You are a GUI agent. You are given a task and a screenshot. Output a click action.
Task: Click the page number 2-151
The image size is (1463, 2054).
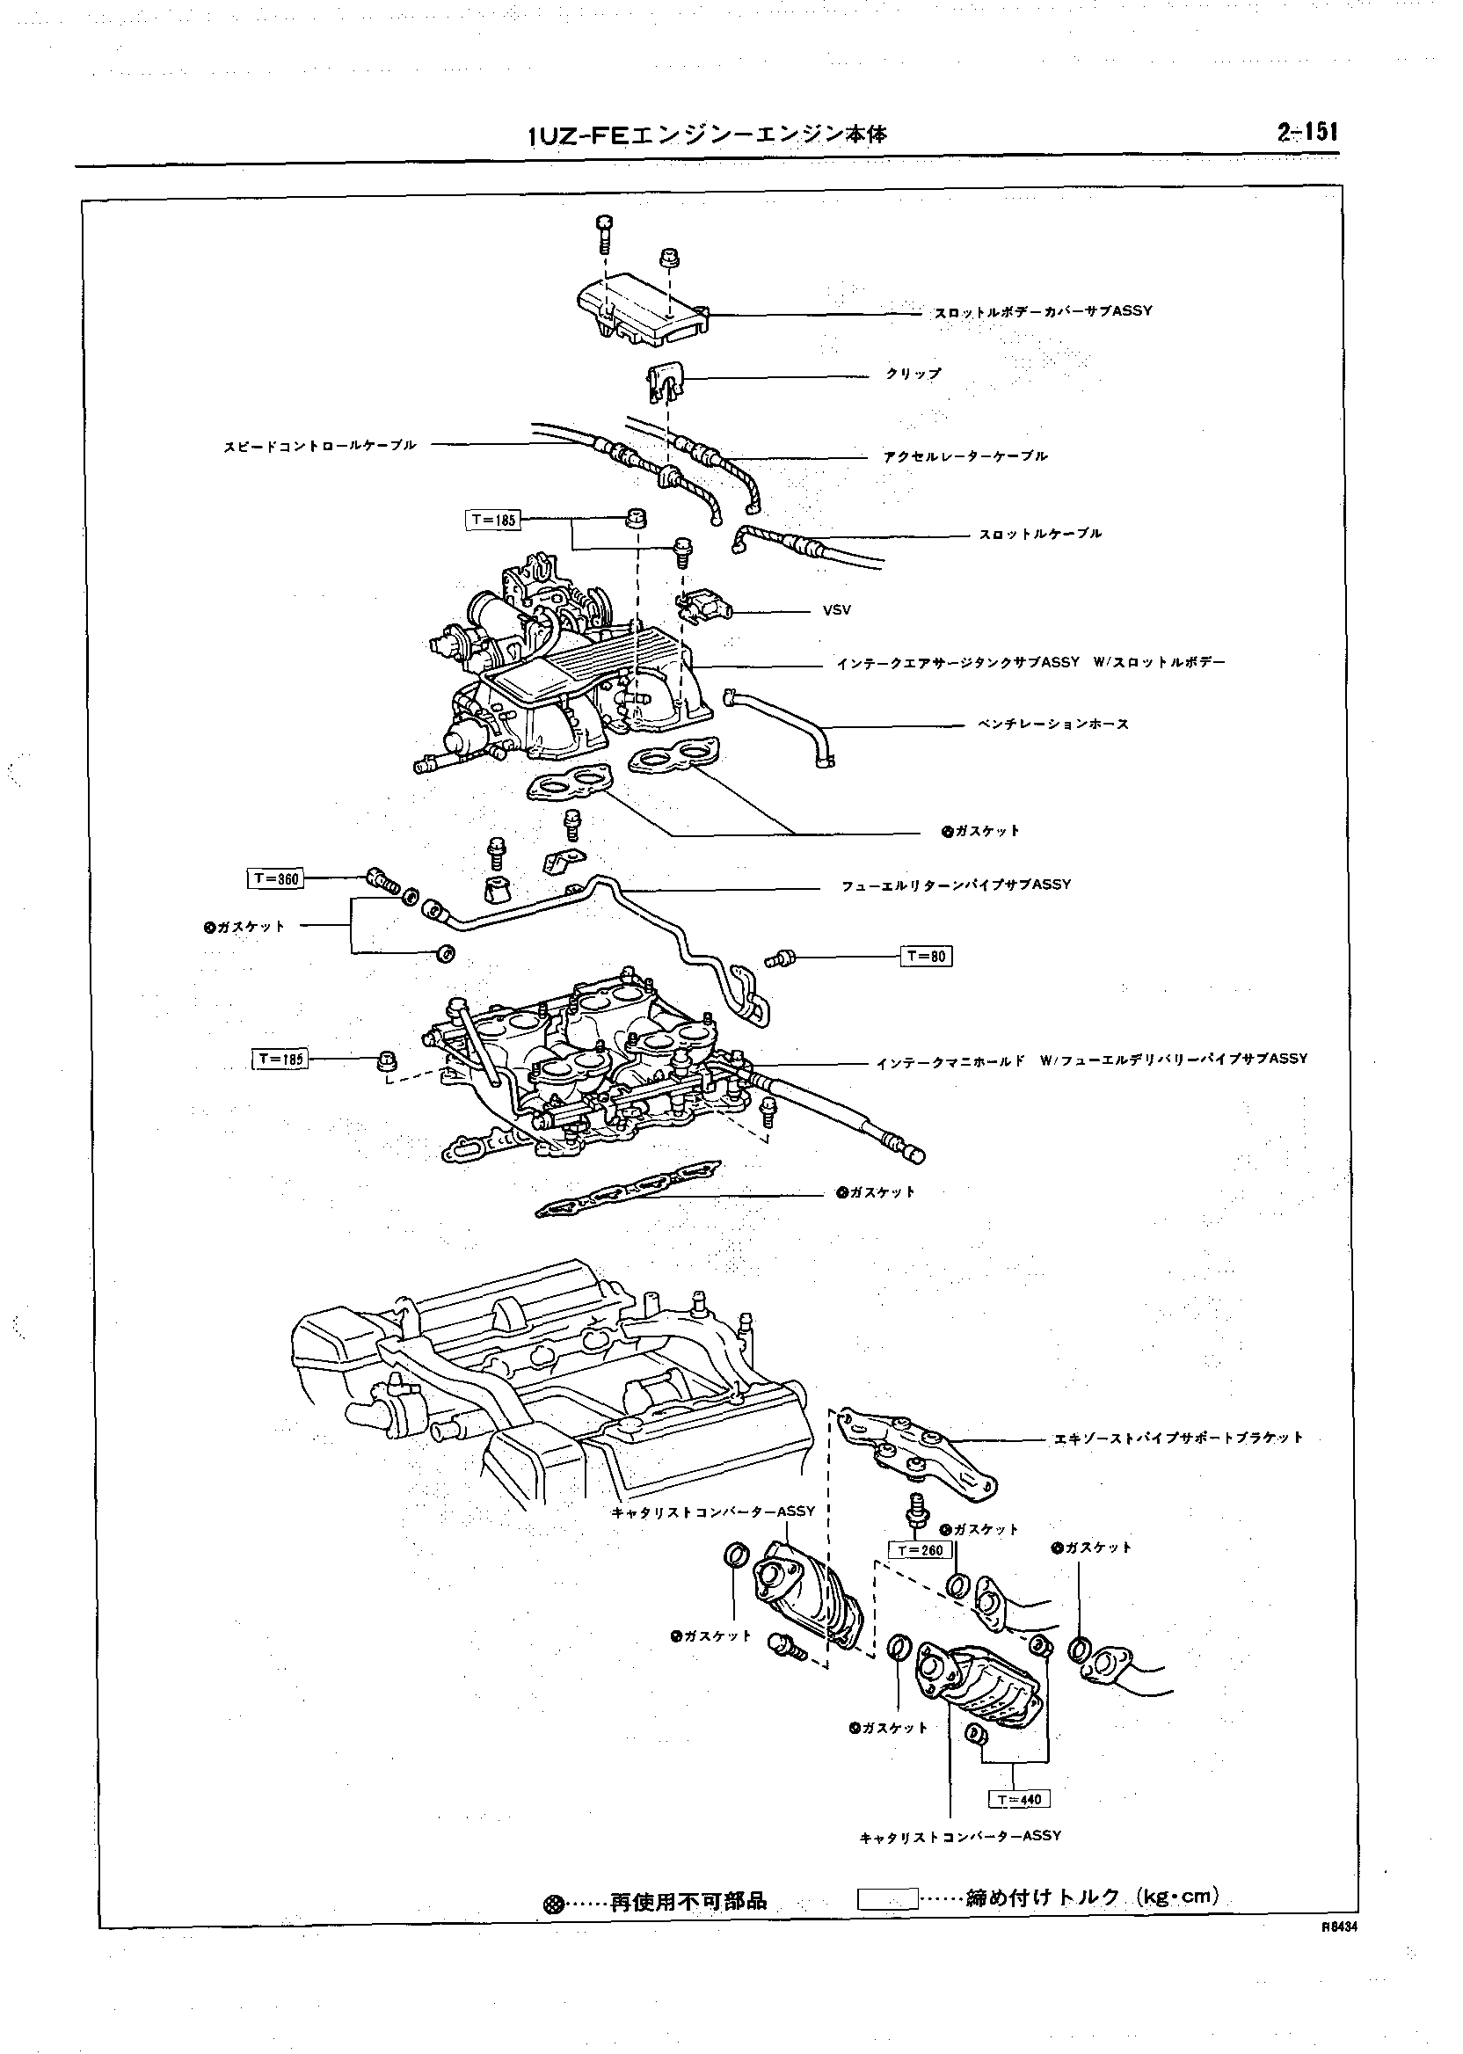[x=1307, y=133]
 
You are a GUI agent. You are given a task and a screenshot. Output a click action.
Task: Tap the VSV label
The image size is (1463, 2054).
[x=836, y=610]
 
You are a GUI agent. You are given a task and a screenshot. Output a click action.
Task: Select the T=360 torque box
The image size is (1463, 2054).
[x=276, y=878]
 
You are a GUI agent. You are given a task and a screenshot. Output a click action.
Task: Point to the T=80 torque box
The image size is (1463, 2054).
[x=926, y=956]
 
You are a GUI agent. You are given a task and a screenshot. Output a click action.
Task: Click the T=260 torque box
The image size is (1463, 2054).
[x=920, y=1550]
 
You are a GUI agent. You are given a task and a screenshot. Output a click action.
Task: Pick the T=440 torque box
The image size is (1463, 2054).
[x=1019, y=1799]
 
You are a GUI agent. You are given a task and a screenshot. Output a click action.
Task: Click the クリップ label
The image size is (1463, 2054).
[x=913, y=374]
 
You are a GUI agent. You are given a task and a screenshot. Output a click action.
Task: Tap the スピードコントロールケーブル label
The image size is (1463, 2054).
[x=321, y=445]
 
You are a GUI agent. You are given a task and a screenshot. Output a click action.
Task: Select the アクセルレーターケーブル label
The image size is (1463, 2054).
[x=965, y=456]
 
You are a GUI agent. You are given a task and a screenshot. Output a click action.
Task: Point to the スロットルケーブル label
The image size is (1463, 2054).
[x=1040, y=535]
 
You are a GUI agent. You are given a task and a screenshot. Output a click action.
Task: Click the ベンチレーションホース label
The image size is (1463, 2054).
[x=1053, y=725]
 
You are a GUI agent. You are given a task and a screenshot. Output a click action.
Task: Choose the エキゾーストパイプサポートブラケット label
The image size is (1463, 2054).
[x=1178, y=1438]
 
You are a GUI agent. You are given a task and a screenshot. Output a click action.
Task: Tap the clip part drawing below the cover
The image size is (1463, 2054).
[x=665, y=379]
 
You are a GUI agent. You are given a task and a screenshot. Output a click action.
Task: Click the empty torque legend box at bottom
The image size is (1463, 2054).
[x=887, y=1899]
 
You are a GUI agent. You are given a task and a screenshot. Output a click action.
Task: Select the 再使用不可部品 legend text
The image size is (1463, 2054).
[x=688, y=1902]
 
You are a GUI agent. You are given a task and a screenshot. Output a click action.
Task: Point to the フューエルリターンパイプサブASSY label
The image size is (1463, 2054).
[x=956, y=885]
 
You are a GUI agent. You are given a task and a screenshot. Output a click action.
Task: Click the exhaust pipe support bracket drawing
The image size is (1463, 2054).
[x=919, y=1452]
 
